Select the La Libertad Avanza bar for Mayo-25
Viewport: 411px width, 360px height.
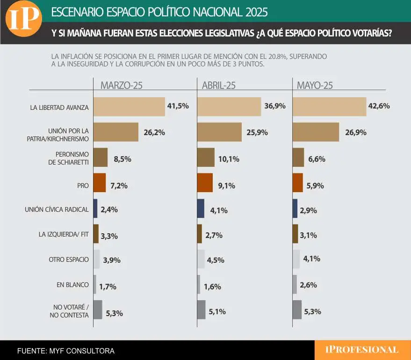tap(329, 107)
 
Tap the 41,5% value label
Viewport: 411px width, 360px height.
tap(178, 106)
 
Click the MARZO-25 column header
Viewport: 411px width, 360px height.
tap(122, 85)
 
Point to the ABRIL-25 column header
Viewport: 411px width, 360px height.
tap(219, 85)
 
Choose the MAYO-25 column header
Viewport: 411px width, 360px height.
tap(315, 85)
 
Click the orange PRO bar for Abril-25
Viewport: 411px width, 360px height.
tap(205, 183)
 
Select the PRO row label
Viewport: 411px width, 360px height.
tap(83, 186)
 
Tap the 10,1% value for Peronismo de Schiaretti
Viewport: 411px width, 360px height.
tap(229, 159)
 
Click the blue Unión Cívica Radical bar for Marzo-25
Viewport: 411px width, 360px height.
tap(95, 209)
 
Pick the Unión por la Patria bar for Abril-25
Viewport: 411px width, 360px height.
tap(219, 132)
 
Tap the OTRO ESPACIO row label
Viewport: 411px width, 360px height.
tap(69, 259)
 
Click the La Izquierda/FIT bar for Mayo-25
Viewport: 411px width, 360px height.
tap(295, 234)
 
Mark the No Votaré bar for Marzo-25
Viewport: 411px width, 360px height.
tap(98, 310)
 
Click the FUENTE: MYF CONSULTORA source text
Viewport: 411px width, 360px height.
tap(66, 350)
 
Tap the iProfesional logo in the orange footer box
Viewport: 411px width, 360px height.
tap(363, 350)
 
